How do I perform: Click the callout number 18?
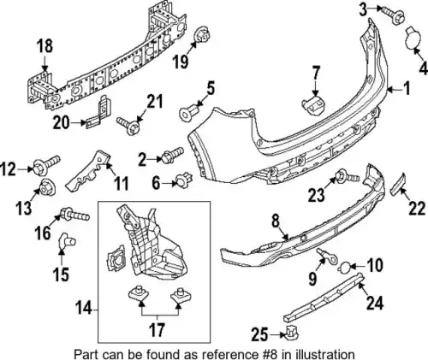point(45,46)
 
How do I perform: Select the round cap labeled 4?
point(413,38)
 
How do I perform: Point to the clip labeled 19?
point(201,36)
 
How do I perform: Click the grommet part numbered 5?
point(188,112)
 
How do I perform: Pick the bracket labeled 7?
point(313,105)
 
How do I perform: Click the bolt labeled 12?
point(46,165)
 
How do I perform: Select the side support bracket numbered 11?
point(87,170)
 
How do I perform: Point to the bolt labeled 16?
point(74,215)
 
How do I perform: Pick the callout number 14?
point(83,310)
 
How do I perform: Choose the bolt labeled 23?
point(348,176)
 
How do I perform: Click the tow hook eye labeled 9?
point(327,255)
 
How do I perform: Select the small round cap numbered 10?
point(344,268)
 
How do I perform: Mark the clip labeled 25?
point(292,333)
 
